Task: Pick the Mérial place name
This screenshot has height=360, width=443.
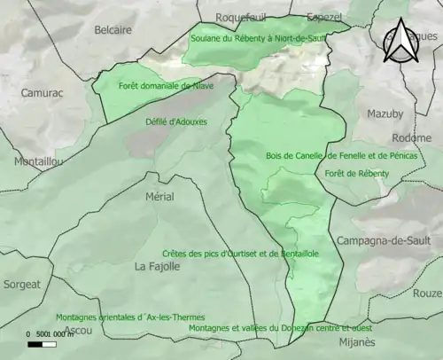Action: pyautogui.click(x=159, y=196)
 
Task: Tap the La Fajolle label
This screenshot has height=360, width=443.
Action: pyautogui.click(x=158, y=266)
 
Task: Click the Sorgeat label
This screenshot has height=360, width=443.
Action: pyautogui.click(x=21, y=285)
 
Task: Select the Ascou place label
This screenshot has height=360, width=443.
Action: pyautogui.click(x=78, y=330)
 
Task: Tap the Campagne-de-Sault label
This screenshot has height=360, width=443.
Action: pyautogui.click(x=382, y=241)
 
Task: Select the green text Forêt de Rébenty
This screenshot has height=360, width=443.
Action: pyautogui.click(x=356, y=173)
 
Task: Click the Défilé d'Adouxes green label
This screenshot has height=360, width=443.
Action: pyautogui.click(x=174, y=119)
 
